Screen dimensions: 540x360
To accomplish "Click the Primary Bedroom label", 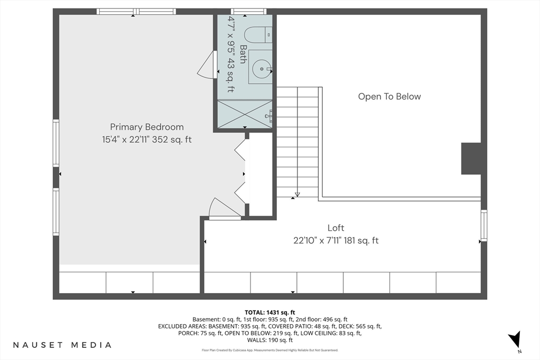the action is (x=147, y=127).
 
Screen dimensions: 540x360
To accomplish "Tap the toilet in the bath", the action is (x=258, y=34).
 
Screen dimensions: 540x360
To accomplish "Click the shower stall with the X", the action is (x=245, y=113).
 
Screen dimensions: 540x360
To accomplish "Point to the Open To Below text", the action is (x=390, y=96).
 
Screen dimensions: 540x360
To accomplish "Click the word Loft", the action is (x=336, y=228).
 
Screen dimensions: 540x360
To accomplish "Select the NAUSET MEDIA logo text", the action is (x=62, y=345).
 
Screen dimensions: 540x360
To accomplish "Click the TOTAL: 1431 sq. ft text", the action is (x=270, y=313).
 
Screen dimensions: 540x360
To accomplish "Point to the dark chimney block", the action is (x=471, y=159).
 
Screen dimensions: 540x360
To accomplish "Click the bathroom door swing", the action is (x=207, y=65).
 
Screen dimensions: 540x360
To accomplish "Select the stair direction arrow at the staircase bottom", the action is (x=297, y=194).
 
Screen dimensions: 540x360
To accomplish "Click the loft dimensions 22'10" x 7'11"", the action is (x=317, y=240).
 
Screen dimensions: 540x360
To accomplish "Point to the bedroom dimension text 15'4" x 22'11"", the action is (x=126, y=140).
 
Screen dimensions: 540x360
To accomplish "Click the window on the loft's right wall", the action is (x=484, y=226).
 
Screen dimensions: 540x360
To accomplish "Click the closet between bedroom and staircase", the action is (x=261, y=174).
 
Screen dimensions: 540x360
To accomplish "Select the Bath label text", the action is (x=243, y=54).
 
